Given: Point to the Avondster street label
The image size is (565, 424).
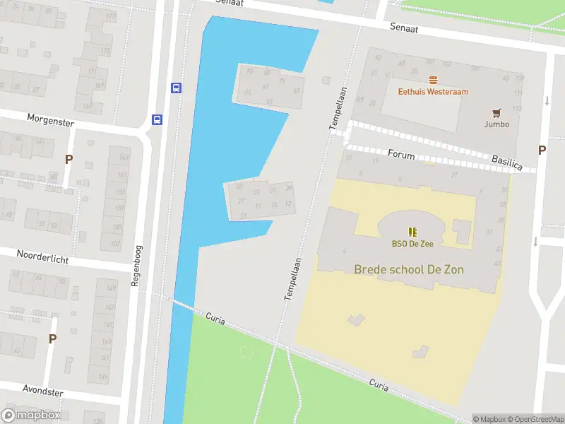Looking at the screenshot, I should [43, 391].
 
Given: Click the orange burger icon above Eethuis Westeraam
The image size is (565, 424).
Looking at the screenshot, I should [433, 80].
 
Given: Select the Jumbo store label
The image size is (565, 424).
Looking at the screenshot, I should [496, 124].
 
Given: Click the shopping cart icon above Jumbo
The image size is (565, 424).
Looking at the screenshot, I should [496, 112].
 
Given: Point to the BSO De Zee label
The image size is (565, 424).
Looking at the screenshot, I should [412, 244].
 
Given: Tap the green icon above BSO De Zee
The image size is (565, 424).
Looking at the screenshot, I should [412, 231].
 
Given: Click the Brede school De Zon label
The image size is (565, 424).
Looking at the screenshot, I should [409, 269].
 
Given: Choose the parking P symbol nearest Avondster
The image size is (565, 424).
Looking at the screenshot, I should [52, 339].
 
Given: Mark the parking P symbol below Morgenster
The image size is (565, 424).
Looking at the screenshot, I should [69, 160].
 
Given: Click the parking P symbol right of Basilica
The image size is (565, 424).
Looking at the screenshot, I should [542, 150].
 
